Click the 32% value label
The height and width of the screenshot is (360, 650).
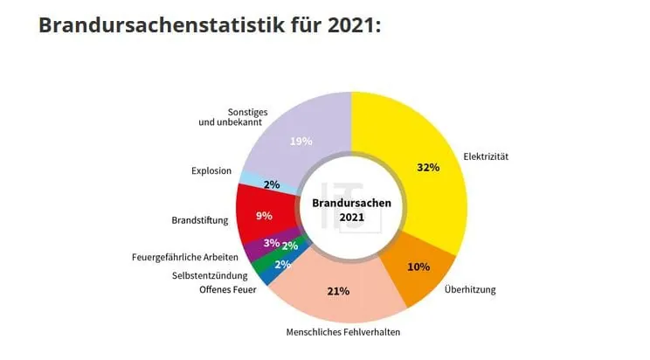click(427, 167)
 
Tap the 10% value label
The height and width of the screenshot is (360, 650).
click(418, 267)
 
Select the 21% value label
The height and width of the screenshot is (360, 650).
click(337, 291)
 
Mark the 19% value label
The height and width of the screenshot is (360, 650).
click(300, 141)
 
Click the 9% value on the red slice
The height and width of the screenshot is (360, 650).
click(264, 215)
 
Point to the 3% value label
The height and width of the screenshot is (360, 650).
click(271, 243)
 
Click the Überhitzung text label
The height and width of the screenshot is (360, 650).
click(473, 288)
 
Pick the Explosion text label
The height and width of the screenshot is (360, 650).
click(211, 170)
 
